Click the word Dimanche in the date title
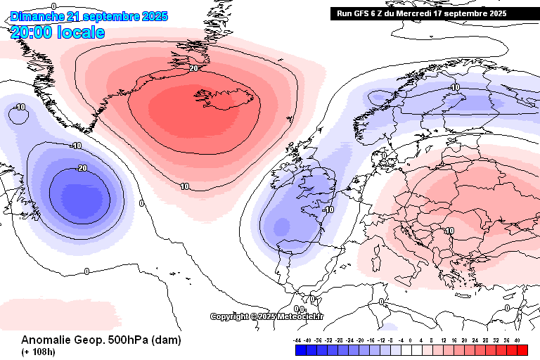click(x=36, y=16)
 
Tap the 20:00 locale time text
click(x=58, y=32)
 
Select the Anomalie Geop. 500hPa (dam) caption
click(x=101, y=340)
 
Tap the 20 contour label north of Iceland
click(x=194, y=68)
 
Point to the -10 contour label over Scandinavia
click(x=454, y=87)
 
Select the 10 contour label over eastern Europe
click(x=449, y=230)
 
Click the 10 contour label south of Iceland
click(x=184, y=186)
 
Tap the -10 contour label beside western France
click(x=327, y=210)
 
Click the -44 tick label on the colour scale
click(x=299, y=340)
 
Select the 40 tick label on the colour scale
click(x=517, y=340)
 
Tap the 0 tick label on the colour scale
click(x=411, y=340)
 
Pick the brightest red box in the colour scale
click(x=522, y=349)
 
